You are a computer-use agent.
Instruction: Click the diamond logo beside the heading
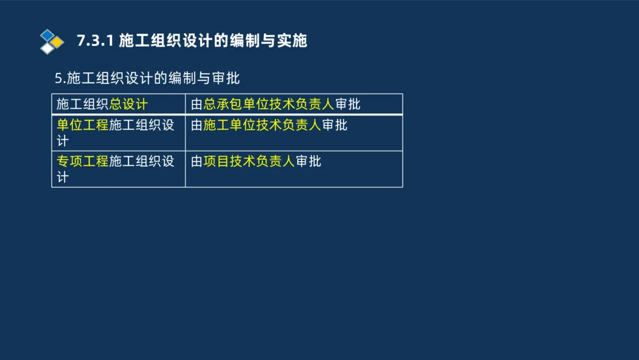pyautogui.click(x=52, y=42)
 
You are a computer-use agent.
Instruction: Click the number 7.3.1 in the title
pyautogui.click(x=95, y=41)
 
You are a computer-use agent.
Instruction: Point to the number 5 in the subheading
pyautogui.click(x=58, y=79)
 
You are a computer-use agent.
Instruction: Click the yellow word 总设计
pyautogui.click(x=128, y=104)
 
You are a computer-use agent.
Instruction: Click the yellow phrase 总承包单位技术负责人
pyautogui.click(x=269, y=104)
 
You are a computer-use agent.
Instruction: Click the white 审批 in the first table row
pyautogui.click(x=348, y=104)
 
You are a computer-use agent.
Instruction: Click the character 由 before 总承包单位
pyautogui.click(x=197, y=104)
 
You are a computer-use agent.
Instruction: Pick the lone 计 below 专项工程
pyautogui.click(x=63, y=178)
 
